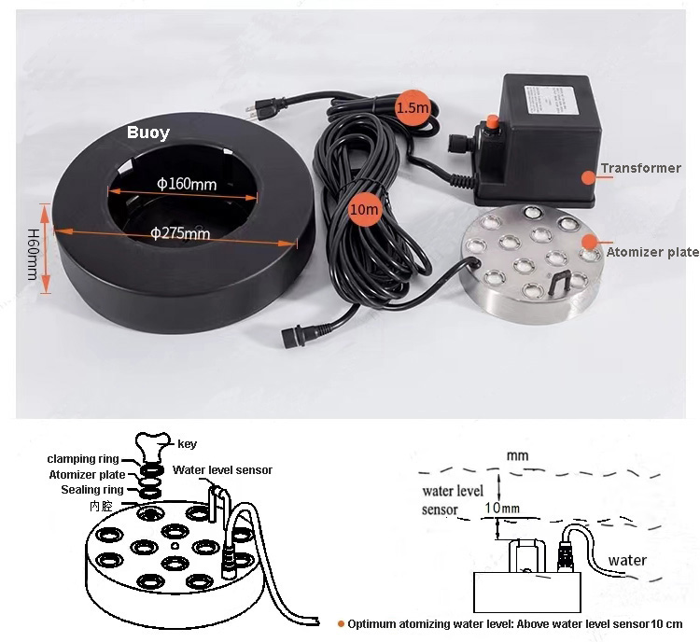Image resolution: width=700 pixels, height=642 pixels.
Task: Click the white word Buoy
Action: click(148, 133)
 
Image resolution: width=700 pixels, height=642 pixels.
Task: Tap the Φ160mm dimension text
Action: click(187, 184)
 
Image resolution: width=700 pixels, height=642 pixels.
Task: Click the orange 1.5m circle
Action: click(411, 107)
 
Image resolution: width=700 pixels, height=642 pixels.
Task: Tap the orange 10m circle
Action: click(364, 210)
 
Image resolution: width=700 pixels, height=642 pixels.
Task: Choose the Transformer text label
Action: click(640, 169)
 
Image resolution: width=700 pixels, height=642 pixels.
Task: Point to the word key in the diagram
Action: click(188, 444)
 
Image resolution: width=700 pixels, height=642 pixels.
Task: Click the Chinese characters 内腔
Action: click(101, 505)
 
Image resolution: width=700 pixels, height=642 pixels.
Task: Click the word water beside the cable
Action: click(626, 561)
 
